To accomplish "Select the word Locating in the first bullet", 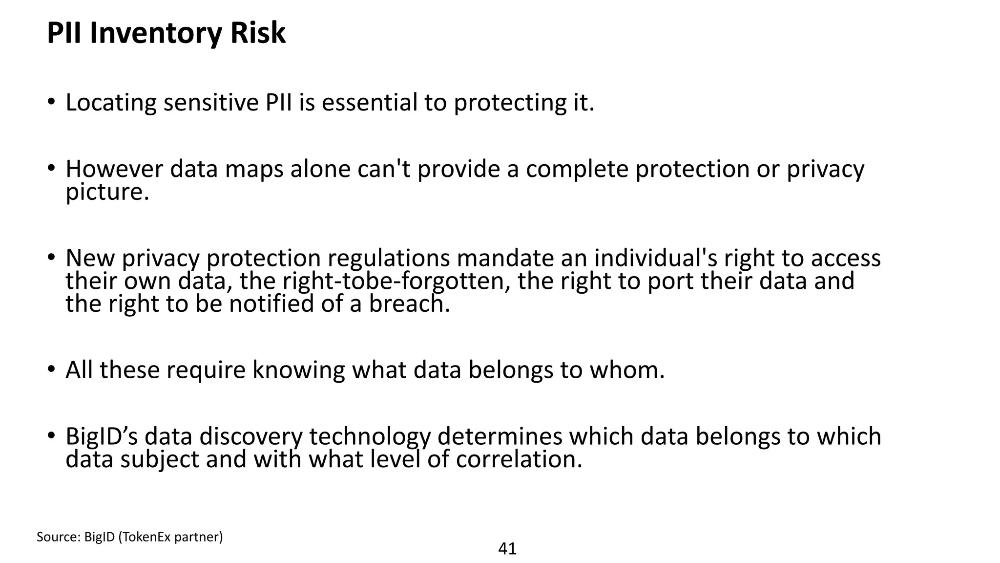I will point(111,103).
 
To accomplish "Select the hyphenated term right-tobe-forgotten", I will point(397,281).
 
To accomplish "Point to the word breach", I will point(409,304).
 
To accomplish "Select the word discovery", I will point(251,436).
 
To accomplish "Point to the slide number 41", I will point(507,549).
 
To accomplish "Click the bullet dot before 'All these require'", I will point(51,370).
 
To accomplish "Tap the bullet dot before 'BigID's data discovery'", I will point(51,436).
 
